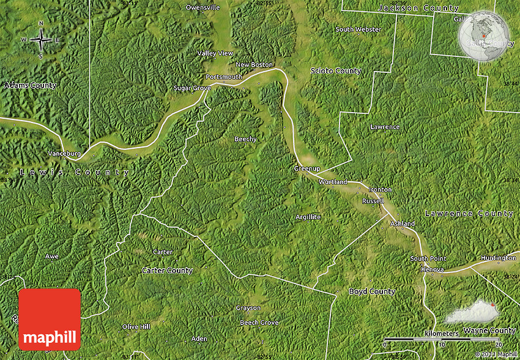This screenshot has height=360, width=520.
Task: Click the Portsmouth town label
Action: [224, 77]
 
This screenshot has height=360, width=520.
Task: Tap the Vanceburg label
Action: [64, 154]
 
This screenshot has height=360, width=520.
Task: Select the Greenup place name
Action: [307, 168]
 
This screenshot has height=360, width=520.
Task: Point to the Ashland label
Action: [402, 223]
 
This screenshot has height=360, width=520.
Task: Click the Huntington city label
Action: [498, 258]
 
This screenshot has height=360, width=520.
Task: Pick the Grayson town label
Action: [248, 308]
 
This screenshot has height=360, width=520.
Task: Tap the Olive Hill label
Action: [136, 327]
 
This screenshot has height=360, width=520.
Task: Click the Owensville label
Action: [202, 7]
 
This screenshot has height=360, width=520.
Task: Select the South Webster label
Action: [358, 29]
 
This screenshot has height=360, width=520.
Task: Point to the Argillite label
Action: [308, 217]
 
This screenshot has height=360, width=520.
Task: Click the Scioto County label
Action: [336, 71]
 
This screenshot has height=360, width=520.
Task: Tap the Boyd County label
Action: [372, 291]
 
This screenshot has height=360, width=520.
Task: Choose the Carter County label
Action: [167, 270]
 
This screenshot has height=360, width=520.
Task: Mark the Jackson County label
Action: [418, 8]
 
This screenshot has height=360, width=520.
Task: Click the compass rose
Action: [41, 40]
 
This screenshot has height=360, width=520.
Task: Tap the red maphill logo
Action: [50, 319]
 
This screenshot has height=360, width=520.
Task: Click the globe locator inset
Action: [484, 36]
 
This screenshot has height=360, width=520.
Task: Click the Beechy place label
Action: [245, 139]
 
